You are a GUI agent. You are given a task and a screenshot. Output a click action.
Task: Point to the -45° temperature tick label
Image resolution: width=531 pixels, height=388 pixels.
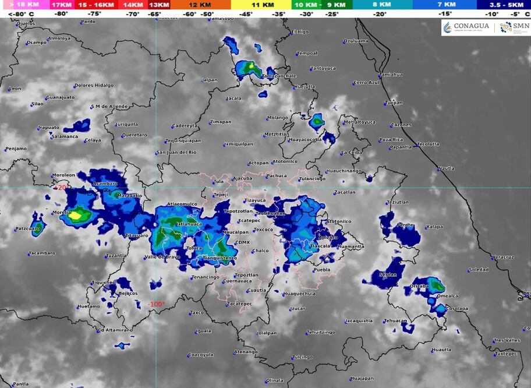(x=245, y=14)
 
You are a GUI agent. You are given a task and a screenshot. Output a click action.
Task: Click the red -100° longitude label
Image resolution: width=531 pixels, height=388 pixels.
(x=157, y=304)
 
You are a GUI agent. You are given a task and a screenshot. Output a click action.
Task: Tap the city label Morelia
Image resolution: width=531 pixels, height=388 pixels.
(x=61, y=213)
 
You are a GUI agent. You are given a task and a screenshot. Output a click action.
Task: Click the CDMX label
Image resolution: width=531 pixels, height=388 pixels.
(x=242, y=242)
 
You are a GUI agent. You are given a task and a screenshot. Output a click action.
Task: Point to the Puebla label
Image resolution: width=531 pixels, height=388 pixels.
(x=322, y=270)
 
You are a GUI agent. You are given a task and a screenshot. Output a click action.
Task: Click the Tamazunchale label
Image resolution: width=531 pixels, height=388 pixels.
(x=279, y=76)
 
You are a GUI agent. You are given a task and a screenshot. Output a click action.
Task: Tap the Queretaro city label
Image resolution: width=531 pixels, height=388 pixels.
(x=134, y=135)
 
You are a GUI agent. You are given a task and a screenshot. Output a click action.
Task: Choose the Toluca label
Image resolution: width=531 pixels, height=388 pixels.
(x=194, y=248)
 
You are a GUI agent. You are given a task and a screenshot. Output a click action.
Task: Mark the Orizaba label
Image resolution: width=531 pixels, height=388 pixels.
(x=419, y=287)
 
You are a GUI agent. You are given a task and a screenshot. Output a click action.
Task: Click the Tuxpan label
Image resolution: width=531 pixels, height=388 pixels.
(x=394, y=103)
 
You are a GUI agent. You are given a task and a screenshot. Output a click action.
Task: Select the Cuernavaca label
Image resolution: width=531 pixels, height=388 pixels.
(x=237, y=281)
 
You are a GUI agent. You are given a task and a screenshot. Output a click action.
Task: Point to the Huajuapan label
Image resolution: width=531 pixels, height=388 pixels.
(x=362, y=378)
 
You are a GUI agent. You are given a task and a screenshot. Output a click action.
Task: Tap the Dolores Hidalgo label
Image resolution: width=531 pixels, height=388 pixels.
(x=94, y=85)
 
